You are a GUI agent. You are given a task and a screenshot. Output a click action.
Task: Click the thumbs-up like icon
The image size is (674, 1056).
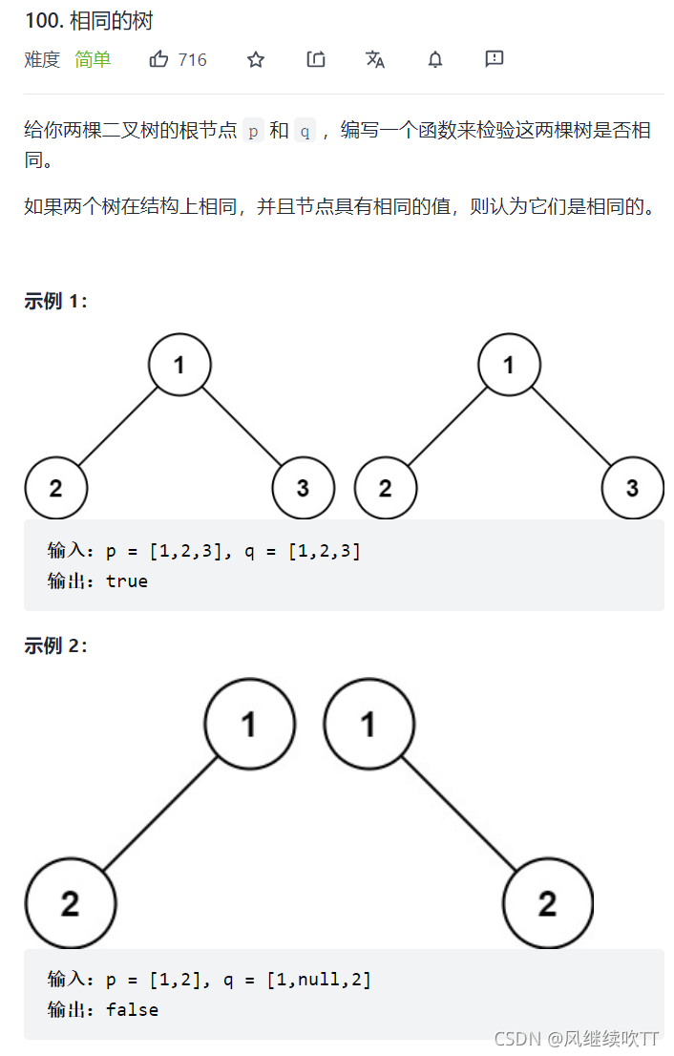(158, 59)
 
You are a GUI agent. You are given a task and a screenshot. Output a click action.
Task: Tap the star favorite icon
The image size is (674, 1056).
(256, 60)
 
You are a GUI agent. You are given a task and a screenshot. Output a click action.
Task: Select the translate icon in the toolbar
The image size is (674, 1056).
(375, 59)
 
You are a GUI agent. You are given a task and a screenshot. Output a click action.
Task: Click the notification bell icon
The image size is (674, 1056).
(435, 60)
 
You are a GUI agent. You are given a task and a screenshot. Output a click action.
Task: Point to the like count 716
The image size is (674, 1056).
(193, 60)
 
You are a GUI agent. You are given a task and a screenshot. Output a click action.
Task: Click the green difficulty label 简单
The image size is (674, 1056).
(93, 59)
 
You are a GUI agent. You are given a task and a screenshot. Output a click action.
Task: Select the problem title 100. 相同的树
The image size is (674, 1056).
(89, 21)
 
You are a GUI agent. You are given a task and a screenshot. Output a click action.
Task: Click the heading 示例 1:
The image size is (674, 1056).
(56, 301)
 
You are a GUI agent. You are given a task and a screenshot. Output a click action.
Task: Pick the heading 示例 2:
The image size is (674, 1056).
(56, 645)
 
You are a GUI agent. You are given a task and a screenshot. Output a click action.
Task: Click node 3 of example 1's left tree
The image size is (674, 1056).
(303, 488)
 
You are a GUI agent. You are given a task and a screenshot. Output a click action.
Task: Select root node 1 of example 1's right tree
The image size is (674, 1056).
(509, 365)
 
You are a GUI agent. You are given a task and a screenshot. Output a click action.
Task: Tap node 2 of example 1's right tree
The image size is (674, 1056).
(385, 488)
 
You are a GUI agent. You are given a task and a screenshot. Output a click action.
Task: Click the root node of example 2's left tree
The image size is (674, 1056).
(250, 724)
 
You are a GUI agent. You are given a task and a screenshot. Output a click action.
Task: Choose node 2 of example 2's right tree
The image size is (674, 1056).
(548, 903)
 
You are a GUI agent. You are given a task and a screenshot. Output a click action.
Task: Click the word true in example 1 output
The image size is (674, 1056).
(127, 581)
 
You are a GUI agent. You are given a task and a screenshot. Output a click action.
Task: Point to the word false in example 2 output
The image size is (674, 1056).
(132, 1009)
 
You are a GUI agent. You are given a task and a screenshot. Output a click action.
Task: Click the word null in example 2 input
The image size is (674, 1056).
(319, 980)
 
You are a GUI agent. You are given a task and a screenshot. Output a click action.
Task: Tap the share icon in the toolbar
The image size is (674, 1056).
(316, 59)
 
